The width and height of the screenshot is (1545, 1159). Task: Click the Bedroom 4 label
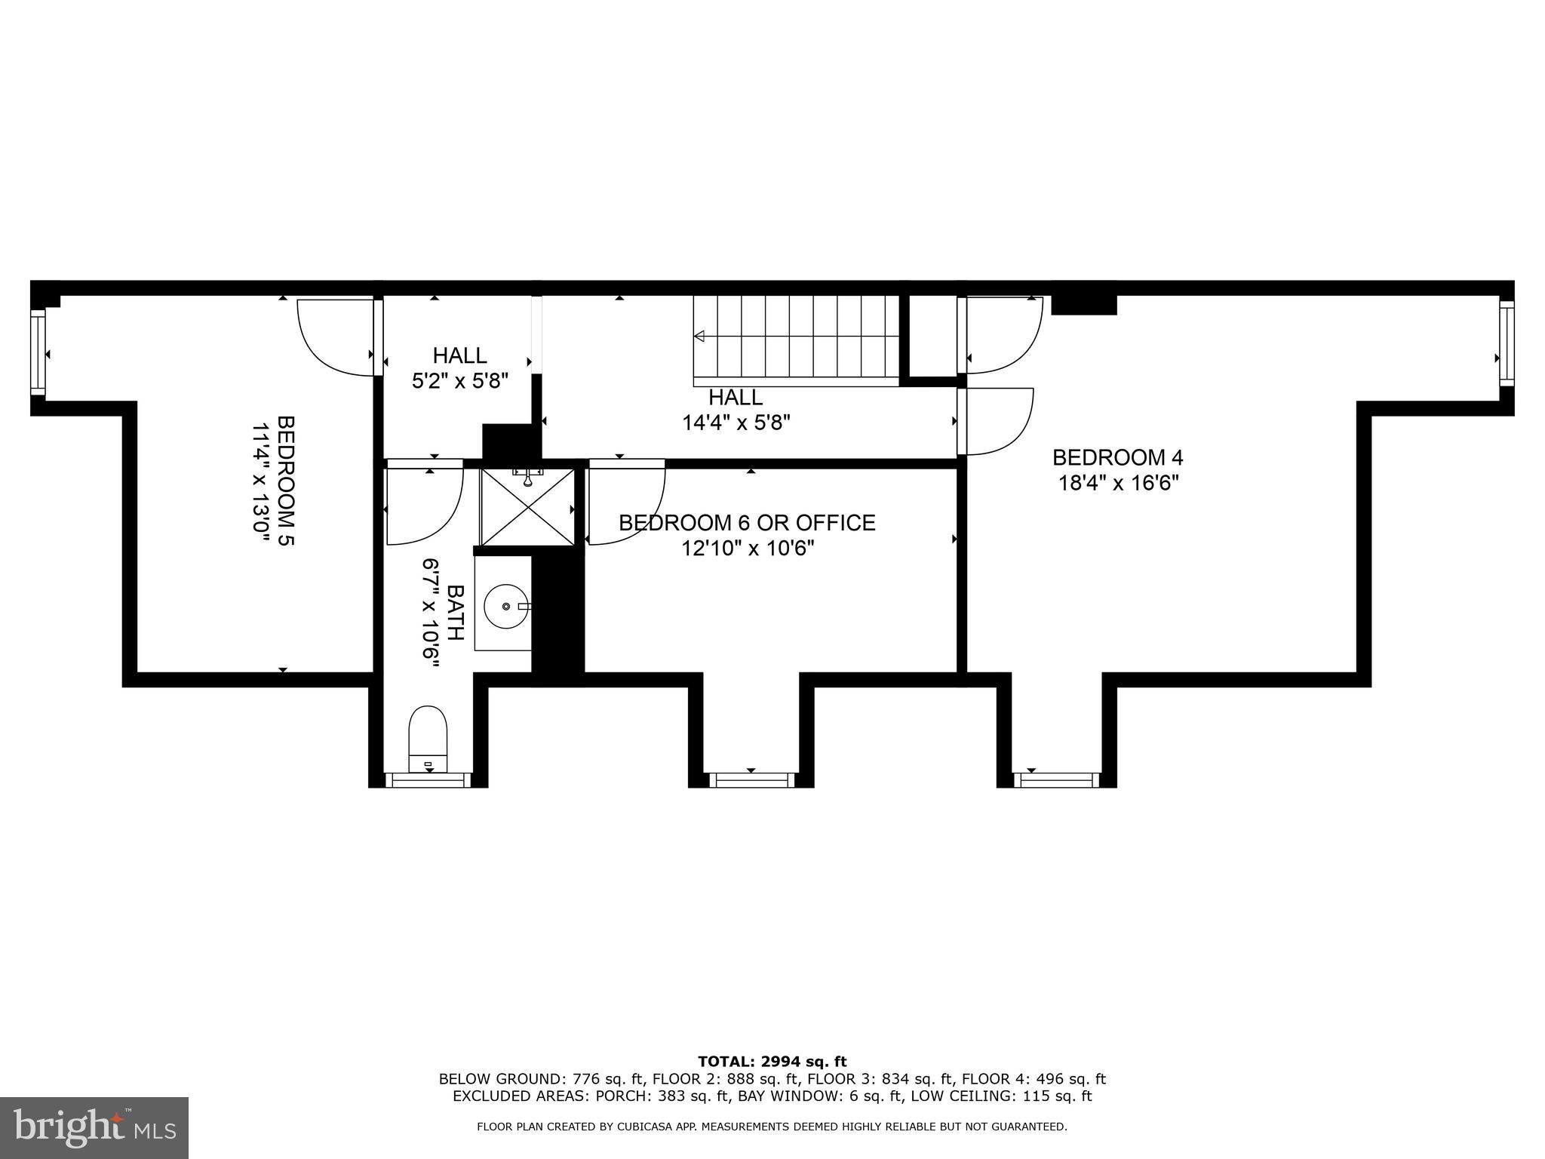(x=1117, y=457)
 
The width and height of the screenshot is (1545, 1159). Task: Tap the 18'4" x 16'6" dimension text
(x=1118, y=483)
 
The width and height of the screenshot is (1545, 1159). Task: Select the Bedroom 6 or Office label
(x=747, y=522)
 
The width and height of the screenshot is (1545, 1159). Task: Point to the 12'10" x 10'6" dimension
(x=748, y=548)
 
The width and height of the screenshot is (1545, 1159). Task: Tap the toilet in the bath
(x=428, y=739)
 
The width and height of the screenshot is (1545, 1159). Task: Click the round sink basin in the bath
(x=505, y=606)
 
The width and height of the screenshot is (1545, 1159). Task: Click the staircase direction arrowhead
(x=699, y=336)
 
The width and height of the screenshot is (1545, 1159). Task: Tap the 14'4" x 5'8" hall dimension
(x=736, y=423)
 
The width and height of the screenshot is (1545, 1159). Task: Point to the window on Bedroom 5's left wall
(x=38, y=353)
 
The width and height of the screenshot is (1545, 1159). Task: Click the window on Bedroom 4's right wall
(x=1506, y=343)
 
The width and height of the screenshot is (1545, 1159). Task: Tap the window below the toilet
(x=428, y=779)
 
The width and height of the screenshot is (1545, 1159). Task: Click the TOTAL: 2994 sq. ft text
(x=772, y=1062)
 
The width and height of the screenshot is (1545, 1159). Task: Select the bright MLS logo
(x=94, y=1127)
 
